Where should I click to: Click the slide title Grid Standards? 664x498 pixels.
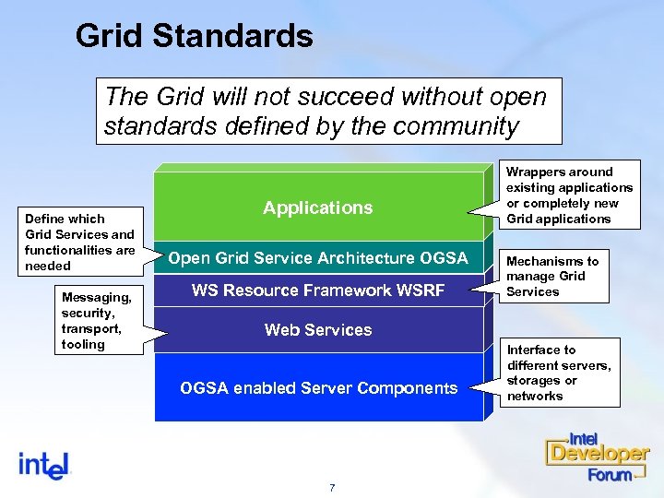click(x=195, y=36)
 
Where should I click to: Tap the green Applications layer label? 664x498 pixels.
click(x=317, y=207)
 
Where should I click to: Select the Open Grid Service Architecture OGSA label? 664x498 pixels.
click(x=318, y=257)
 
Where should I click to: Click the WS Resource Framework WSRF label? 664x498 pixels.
click(x=318, y=290)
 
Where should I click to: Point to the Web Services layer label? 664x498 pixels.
click(x=318, y=329)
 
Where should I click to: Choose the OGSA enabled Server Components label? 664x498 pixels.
click(x=318, y=388)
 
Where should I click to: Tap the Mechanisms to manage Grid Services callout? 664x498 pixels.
click(x=552, y=276)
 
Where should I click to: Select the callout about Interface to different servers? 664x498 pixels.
click(x=558, y=373)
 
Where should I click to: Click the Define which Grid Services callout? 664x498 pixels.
click(x=79, y=242)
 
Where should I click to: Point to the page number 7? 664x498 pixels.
click(x=332, y=487)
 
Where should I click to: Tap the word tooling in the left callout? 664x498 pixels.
click(x=83, y=344)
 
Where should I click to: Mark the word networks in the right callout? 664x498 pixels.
click(x=535, y=396)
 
